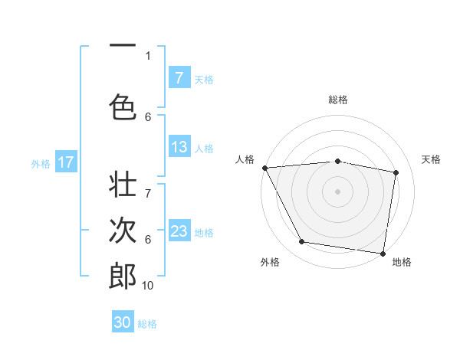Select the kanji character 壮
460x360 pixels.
click(x=123, y=187)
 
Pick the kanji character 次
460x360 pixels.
click(x=123, y=230)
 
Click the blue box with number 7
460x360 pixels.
click(x=179, y=77)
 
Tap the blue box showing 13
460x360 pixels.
click(x=179, y=147)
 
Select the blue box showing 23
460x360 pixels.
click(x=179, y=231)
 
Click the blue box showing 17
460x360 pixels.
click(x=65, y=162)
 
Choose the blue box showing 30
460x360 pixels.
click(x=123, y=322)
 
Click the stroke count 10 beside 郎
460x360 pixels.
click(x=148, y=286)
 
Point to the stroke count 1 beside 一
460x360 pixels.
click(x=148, y=55)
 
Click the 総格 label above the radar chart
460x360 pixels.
click(x=338, y=100)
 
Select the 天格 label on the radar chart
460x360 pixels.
click(x=432, y=159)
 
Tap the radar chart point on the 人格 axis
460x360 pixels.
click(x=264, y=167)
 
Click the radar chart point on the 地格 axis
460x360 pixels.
click(x=383, y=252)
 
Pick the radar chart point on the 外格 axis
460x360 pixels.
click(x=302, y=242)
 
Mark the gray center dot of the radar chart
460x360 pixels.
click(x=337, y=191)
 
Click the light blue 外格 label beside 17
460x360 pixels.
click(x=41, y=163)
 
